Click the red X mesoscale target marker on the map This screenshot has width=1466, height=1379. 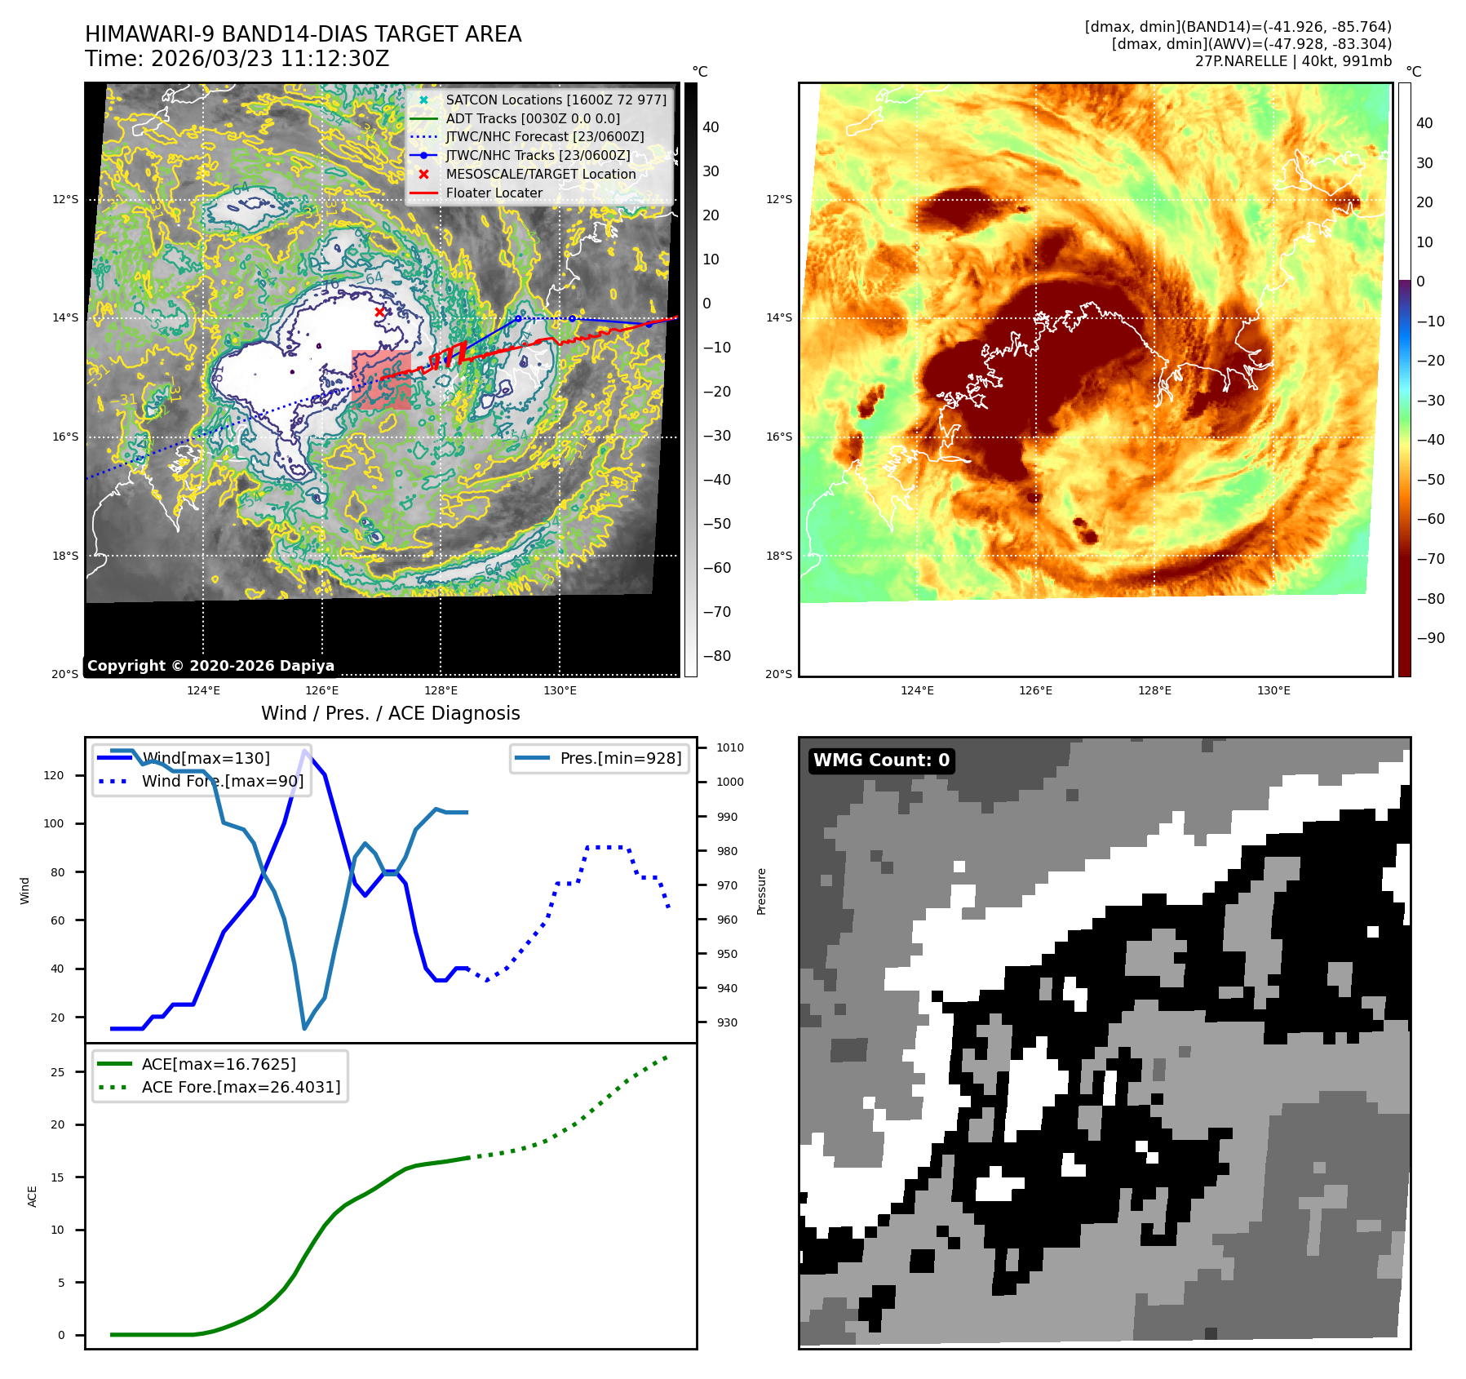pos(379,312)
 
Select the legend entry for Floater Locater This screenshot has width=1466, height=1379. pos(494,193)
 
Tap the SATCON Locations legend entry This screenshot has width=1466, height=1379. pos(556,100)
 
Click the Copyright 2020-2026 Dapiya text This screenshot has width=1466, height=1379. pos(210,666)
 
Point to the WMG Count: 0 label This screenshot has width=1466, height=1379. pos(881,760)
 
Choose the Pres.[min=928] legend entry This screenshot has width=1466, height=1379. pos(620,758)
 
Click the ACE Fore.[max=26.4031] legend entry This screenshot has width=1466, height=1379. pos(241,1087)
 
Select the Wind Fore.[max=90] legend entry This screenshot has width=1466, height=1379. pos(222,781)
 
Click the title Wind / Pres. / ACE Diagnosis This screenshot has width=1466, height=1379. pos(390,713)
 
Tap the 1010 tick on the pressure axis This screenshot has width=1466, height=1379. pos(730,747)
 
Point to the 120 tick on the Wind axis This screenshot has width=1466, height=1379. pos(54,775)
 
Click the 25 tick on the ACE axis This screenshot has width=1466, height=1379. pos(57,1072)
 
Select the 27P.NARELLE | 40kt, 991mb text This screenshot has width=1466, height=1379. pos(1293,61)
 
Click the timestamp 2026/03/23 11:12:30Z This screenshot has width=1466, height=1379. pos(269,59)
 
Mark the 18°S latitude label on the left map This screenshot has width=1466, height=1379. pos(66,556)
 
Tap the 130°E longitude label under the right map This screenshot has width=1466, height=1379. pos(1273,690)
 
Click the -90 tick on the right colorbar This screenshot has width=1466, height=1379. pos(1430,638)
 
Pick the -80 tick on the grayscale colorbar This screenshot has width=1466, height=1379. pos(717,656)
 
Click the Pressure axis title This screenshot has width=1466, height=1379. pos(761,891)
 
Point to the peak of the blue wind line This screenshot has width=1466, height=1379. pos(305,750)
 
